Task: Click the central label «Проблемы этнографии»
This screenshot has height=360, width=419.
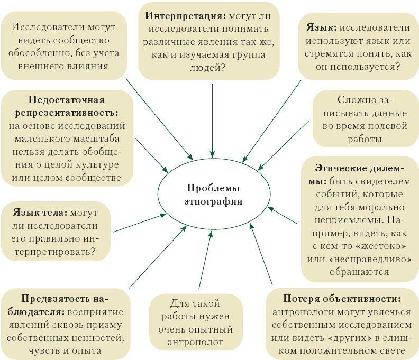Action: click(213, 195)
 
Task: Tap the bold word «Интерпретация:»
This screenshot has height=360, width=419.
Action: click(186, 15)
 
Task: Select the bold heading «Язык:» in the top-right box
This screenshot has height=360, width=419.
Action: click(321, 27)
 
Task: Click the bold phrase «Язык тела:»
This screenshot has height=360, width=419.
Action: click(40, 213)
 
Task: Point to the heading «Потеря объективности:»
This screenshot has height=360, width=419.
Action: click(342, 299)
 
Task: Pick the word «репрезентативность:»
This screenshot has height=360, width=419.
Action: click(67, 113)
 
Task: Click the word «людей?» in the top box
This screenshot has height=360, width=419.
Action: click(207, 68)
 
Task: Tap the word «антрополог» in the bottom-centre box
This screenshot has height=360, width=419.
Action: click(195, 342)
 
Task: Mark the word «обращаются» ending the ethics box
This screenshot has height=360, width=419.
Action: click(359, 272)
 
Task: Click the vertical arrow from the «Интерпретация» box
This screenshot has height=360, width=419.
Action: click(212, 121)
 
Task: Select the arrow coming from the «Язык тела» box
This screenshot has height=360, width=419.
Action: click(140, 223)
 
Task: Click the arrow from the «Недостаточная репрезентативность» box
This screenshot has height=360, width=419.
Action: click(151, 155)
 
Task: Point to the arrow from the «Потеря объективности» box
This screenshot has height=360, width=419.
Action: click(261, 254)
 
